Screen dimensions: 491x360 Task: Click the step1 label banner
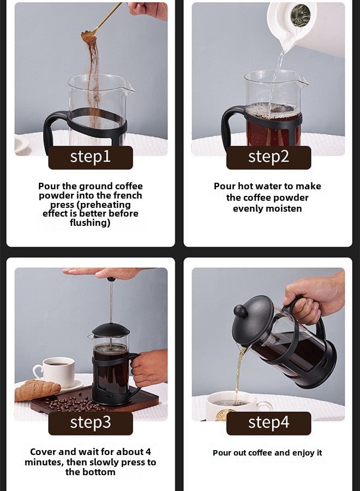pos(91,157)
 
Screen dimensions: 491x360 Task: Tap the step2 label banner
pos(268,157)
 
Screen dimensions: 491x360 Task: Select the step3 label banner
pos(91,423)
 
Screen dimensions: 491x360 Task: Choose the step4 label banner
pos(268,423)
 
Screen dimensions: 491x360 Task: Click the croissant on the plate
pos(37,390)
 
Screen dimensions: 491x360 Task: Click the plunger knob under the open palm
pos(111,279)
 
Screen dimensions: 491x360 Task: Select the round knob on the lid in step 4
pos(240,311)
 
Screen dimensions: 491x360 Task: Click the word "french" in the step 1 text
pos(125,195)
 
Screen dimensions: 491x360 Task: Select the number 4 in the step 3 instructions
pos(148,452)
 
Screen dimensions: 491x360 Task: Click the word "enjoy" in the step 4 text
pos(292,453)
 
